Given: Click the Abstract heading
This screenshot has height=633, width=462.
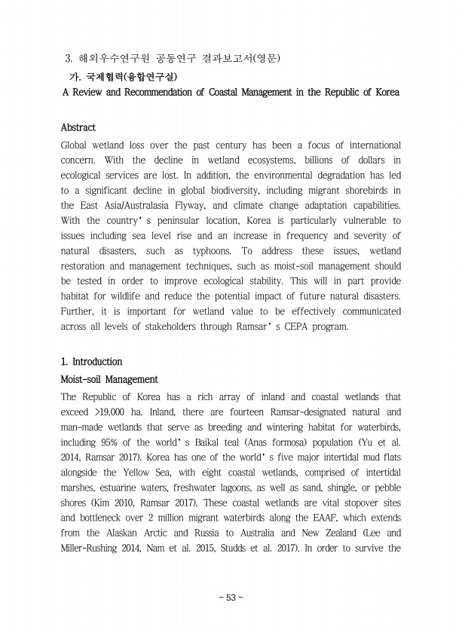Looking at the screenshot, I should tap(78, 127).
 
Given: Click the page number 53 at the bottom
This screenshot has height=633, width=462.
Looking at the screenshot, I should tap(231, 597).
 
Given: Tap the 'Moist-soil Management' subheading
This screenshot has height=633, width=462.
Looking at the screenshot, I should tap(109, 379).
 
